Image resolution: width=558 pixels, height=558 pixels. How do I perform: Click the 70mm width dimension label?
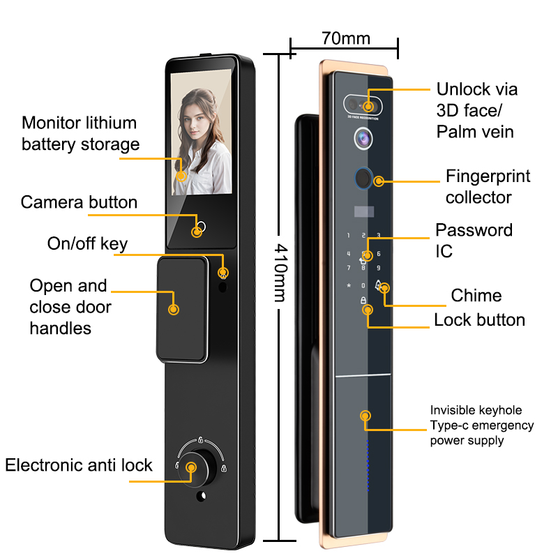pos(346,37)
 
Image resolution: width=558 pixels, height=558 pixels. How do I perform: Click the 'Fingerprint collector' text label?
pos(488,186)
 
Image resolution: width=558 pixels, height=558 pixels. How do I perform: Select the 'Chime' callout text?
pos(476,295)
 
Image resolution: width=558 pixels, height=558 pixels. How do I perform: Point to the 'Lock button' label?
pos(479,319)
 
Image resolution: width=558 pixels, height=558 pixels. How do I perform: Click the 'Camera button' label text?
pos(79,202)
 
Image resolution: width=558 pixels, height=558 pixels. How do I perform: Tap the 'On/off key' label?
pos(87,243)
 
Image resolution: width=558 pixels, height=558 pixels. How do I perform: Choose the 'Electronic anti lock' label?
pos(79,465)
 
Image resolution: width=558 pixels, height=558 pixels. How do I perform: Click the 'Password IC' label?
pos(474,240)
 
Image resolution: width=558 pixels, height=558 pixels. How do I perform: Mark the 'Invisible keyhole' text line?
pos(476,410)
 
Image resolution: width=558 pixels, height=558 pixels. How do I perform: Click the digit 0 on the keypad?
pos(363,285)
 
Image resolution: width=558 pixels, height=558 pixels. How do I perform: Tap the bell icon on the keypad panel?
pos(378,285)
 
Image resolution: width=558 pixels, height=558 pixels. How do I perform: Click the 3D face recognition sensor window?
pos(363,105)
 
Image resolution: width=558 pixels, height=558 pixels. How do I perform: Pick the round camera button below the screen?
pos(201,227)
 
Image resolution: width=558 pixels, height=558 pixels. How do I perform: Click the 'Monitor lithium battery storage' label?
pos(80,134)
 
